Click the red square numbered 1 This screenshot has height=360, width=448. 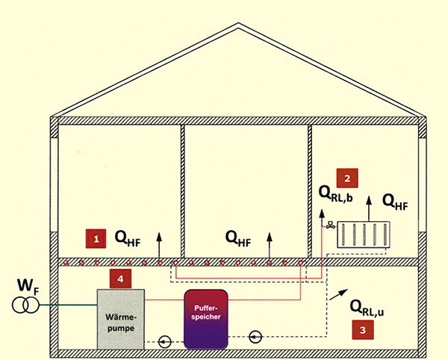click(96, 238)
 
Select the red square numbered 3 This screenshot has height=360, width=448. click(363, 329)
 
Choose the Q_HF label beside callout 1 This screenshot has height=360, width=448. click(127, 238)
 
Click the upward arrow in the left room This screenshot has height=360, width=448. click(160, 243)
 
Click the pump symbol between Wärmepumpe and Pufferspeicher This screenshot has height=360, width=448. click(165, 341)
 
